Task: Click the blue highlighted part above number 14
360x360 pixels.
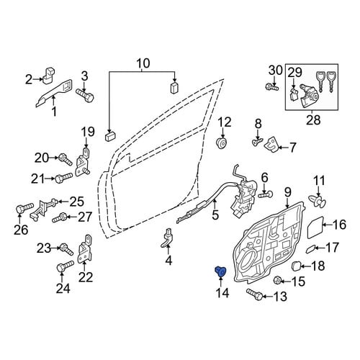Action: (220, 271)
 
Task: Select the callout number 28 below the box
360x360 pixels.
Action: (313, 120)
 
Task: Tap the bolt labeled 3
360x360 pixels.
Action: (85, 95)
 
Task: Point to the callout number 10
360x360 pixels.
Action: (143, 63)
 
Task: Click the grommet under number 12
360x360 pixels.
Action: (221, 143)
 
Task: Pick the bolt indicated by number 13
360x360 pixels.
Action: (254, 294)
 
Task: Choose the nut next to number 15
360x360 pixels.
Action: (278, 281)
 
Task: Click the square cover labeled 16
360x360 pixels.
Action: (315, 227)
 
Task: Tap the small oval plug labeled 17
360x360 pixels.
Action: (310, 249)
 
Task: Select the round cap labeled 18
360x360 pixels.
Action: (296, 266)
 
